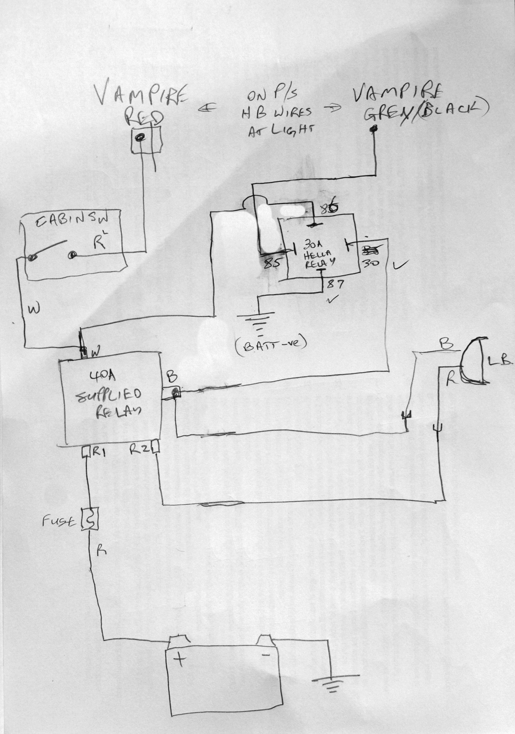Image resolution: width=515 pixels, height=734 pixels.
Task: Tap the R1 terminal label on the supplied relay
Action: tap(98, 451)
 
